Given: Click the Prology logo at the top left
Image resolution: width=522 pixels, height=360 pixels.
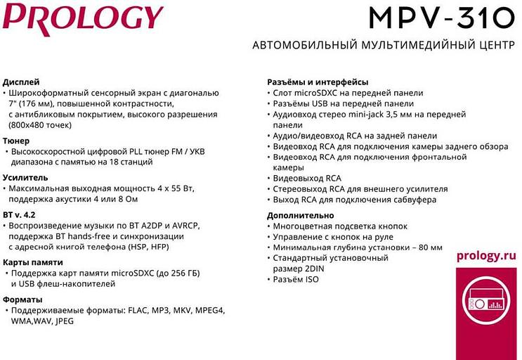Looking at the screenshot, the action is [x=83, y=18].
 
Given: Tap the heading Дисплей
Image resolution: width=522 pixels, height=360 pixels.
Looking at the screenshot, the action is [x=21, y=82].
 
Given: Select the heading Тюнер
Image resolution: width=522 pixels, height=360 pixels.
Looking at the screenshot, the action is [x=16, y=141].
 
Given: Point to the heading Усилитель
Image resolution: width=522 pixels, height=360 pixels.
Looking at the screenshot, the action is [x=25, y=178].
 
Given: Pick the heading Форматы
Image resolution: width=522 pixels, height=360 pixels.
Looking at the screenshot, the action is [x=22, y=300].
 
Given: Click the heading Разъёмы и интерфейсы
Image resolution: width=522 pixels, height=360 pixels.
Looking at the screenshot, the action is [x=318, y=82].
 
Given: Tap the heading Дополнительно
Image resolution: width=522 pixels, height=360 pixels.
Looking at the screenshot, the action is [x=301, y=215].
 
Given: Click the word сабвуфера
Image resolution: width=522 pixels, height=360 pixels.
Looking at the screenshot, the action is [x=410, y=200].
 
